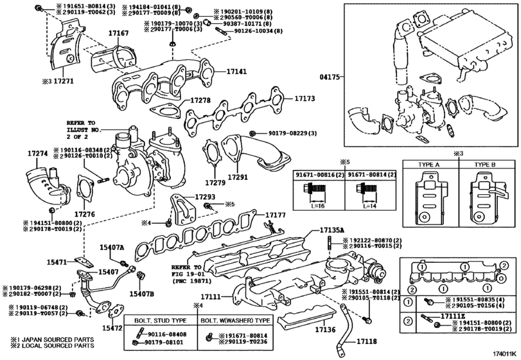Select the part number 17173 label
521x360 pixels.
(305, 100)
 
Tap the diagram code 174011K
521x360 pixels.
(502, 353)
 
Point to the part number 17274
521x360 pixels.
(39, 154)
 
